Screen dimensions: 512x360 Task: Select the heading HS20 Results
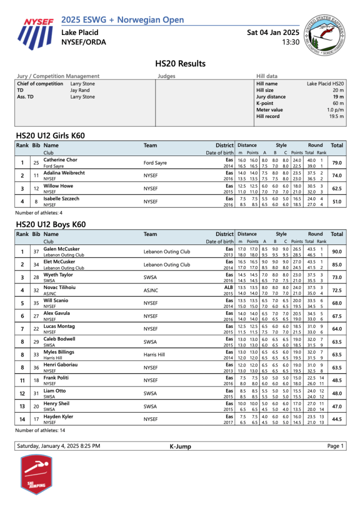pos(180,63)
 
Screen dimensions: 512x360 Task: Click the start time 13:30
pos(290,42)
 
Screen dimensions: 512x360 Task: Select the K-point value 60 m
pos(337,103)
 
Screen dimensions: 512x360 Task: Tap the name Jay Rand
pos(80,90)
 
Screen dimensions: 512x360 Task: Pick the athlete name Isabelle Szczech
pos(61,198)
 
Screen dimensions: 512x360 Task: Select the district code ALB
pos(229,287)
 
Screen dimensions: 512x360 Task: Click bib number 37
pos(36,252)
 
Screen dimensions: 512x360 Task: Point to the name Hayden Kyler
pos(58,416)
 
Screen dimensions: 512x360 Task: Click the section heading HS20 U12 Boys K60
pos(51,224)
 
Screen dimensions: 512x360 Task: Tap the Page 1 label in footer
pos(335,446)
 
